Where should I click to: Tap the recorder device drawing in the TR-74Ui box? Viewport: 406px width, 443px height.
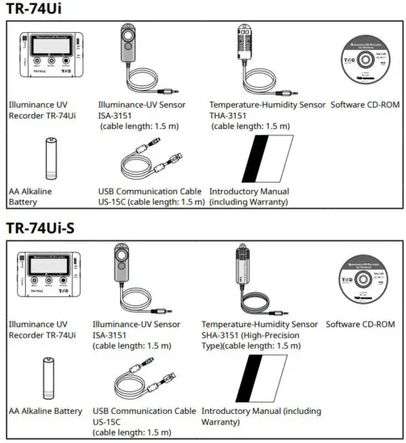[51, 59]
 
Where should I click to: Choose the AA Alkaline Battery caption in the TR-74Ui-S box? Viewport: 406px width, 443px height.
[45, 411]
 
